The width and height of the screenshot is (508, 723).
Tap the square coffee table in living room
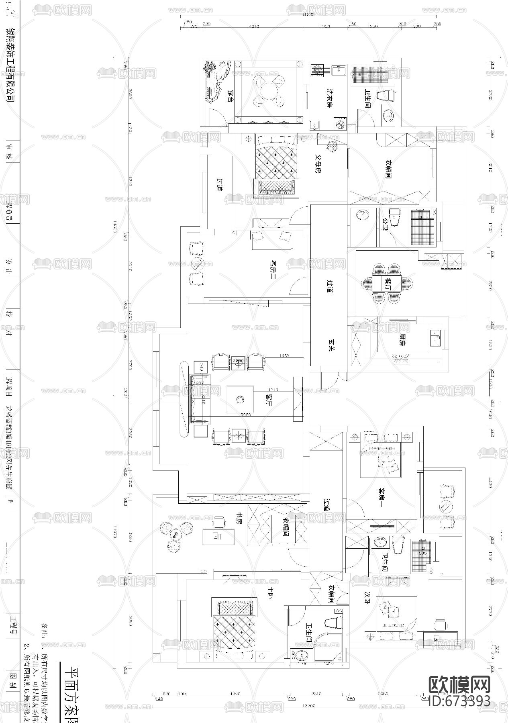240,399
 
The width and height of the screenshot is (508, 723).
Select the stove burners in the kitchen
400,359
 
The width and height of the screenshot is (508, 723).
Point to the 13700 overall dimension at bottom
308,705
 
